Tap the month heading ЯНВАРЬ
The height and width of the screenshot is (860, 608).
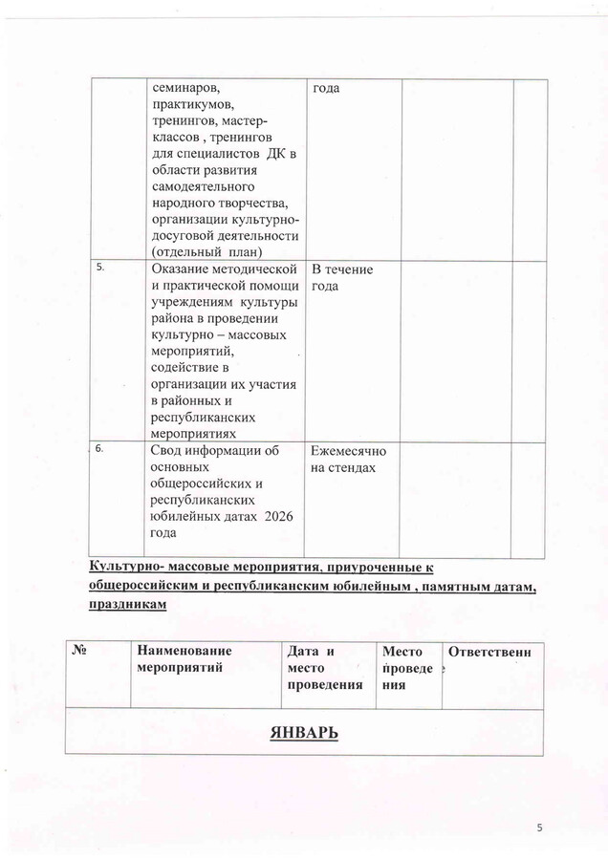tap(304, 733)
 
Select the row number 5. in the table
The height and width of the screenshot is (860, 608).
tap(100, 268)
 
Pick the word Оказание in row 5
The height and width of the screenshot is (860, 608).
tap(183, 269)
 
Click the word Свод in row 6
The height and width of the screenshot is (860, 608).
tap(170, 452)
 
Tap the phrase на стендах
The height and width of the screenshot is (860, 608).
tap(343, 468)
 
